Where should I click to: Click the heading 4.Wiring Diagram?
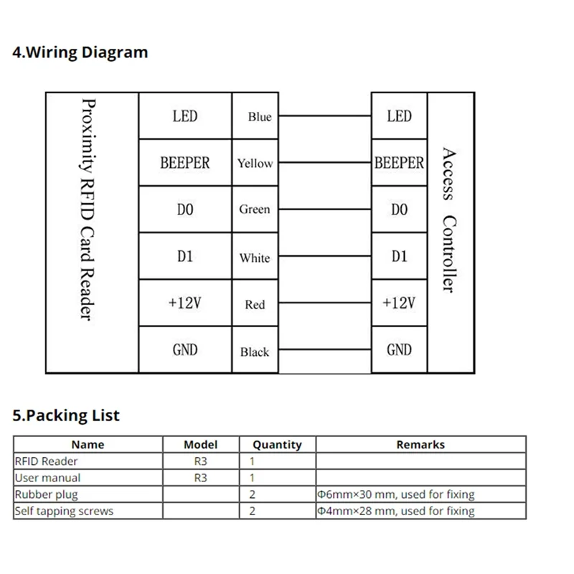80,52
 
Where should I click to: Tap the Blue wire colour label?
259,117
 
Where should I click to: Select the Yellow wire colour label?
255,164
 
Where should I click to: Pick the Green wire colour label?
255,210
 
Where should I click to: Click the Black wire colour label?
255,352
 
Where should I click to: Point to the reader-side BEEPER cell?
184,163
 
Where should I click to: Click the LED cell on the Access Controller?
399,116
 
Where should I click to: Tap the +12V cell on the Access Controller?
399,303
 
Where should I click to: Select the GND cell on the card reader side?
184,350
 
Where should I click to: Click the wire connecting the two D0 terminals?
324,210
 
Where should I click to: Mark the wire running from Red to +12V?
324,304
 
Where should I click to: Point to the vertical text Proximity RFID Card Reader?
91,210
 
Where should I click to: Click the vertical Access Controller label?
449,220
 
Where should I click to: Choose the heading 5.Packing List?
66,415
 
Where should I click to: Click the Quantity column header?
278,445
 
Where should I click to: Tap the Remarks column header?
420,445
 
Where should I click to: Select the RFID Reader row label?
46,461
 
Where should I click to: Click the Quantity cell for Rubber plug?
253,494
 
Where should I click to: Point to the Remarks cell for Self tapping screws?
396,511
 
